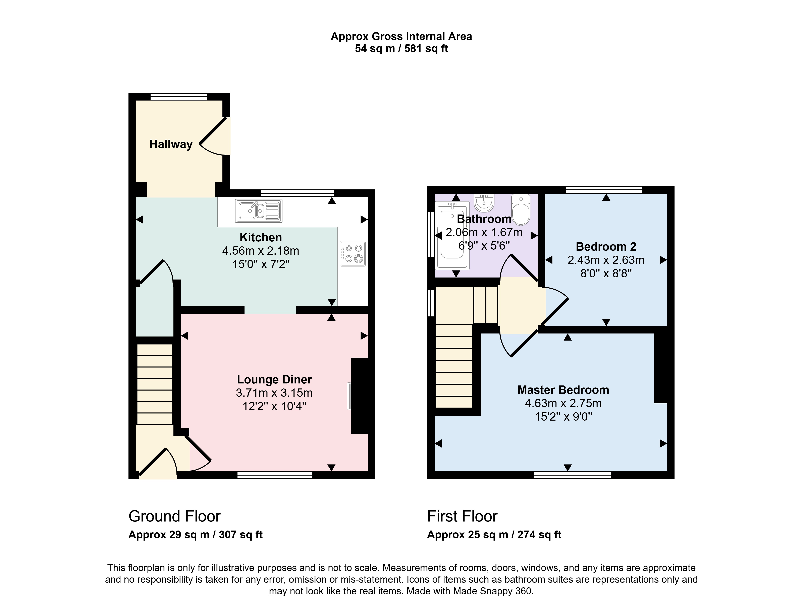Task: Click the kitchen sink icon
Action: [258, 210]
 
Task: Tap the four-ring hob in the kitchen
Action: [353, 253]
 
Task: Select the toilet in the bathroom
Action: [521, 209]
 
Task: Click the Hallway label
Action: [171, 144]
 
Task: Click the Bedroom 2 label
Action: [606, 247]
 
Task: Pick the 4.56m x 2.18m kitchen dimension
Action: [261, 251]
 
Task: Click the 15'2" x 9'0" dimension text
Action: [563, 416]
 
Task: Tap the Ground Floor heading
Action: [175, 516]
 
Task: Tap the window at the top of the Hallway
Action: [179, 97]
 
